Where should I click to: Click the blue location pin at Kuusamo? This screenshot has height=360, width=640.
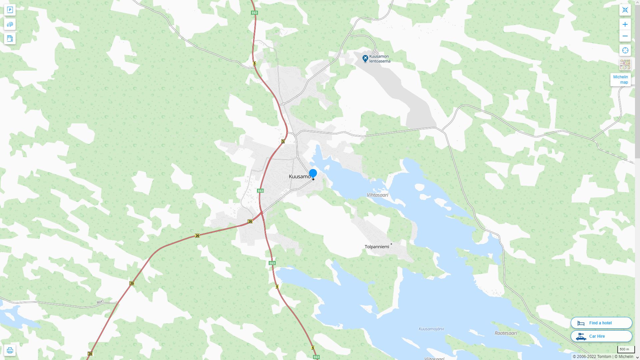313,173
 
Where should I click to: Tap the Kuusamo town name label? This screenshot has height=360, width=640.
299,177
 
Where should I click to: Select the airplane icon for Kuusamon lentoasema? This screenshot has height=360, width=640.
365,59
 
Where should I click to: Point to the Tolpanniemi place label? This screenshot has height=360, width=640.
377,247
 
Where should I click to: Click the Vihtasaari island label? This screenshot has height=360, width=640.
377,195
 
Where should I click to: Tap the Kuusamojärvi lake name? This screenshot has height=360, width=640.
431,329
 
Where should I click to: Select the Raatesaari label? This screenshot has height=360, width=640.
506,333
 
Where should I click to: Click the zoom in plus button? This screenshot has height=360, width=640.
625,24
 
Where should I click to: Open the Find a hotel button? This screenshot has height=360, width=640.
601,323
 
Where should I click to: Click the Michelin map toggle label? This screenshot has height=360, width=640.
620,80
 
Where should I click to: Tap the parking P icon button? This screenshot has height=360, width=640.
10,10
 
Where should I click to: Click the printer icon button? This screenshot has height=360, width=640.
10,350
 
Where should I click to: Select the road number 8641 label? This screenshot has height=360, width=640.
100,302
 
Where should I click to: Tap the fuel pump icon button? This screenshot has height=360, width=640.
10,38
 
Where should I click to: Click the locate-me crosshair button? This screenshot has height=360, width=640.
625,50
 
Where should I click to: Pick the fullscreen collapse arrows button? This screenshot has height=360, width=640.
625,10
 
